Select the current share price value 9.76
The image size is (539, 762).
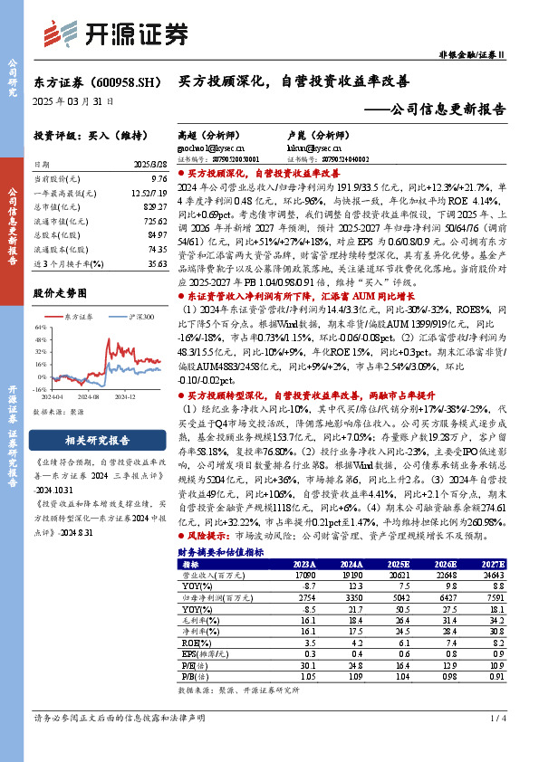click(159, 180)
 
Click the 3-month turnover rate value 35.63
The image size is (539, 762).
click(157, 263)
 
